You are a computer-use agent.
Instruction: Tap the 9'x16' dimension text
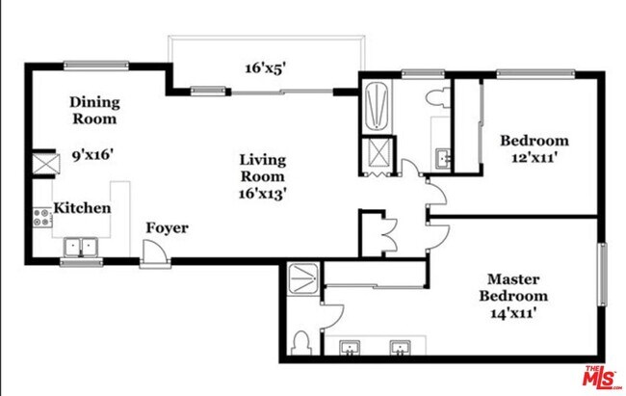pos(95,151)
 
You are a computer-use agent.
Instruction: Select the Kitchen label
pos(82,208)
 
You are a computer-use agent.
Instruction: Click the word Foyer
pos(167,228)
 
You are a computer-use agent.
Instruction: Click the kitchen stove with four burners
pos(43,218)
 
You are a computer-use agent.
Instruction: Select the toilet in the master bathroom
pos(301,342)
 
